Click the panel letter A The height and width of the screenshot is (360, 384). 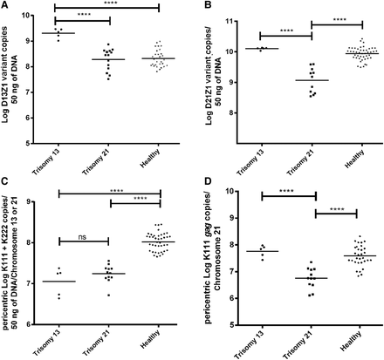[x=6, y=6]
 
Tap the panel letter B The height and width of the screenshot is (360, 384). [x=202, y=6]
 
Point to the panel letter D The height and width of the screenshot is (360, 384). [x=202, y=185]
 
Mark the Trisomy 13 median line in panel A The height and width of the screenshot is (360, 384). [x=58, y=33]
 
